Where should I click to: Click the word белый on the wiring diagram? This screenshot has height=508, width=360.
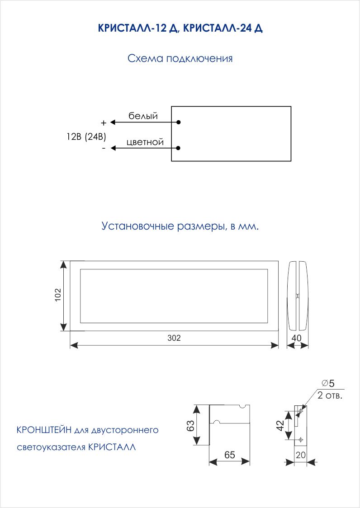point(143,116)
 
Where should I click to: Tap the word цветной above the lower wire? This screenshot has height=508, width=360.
point(145,142)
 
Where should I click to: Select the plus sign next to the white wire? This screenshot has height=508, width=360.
point(104,123)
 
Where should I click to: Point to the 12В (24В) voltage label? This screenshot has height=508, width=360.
point(86,137)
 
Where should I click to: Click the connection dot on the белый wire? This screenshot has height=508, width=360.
point(178,122)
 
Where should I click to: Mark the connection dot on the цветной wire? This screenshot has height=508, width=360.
point(178,148)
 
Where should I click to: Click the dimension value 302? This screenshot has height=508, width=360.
point(174,338)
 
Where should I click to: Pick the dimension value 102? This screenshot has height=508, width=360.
point(58,295)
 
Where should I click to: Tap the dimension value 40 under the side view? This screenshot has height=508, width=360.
point(296,338)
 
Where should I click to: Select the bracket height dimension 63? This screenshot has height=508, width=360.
point(190,425)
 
